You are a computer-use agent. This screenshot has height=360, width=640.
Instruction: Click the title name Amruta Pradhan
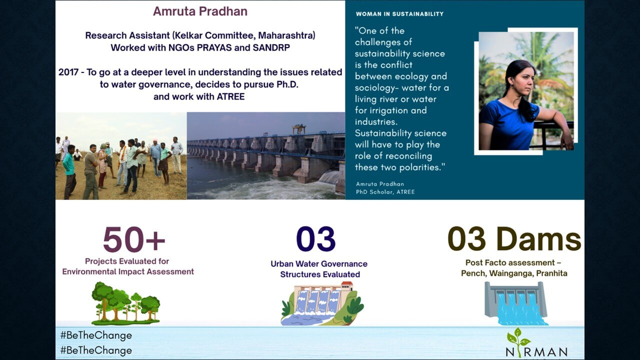coord(200,11)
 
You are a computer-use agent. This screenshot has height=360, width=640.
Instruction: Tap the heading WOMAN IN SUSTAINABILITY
coord(399,14)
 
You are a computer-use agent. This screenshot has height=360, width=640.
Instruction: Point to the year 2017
coord(68,72)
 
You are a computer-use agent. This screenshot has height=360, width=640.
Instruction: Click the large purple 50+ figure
coord(134,239)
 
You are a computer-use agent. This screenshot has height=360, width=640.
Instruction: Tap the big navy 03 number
coord(315,239)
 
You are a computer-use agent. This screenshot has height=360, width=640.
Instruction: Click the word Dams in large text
coord(538,239)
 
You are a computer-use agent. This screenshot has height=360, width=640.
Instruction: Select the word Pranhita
coord(551,273)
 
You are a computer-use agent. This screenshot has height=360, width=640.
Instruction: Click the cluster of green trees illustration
coord(125,303)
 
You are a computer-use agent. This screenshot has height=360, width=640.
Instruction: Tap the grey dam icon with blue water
coord(516,303)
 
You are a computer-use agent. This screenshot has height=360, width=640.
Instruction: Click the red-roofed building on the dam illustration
coord(347,285)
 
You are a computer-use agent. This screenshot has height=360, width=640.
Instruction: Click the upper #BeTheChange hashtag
coord(96,335)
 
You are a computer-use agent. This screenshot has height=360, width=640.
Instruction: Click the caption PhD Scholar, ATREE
coord(385,192)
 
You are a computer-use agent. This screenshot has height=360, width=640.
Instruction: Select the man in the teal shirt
coord(69,171)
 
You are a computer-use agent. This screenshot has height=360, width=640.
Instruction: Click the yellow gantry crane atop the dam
coord(299,129)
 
